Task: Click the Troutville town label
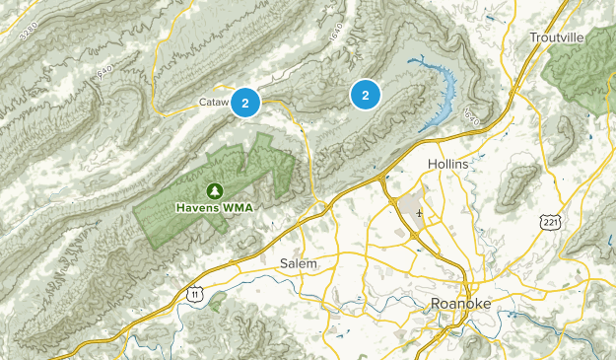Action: point(557,36)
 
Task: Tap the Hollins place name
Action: point(449,163)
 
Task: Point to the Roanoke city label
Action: point(461,304)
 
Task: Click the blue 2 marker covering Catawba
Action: point(245,101)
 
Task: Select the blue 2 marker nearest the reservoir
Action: point(366,95)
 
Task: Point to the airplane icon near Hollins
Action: point(420,212)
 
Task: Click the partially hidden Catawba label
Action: point(214,101)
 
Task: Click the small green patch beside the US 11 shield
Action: point(218,296)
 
